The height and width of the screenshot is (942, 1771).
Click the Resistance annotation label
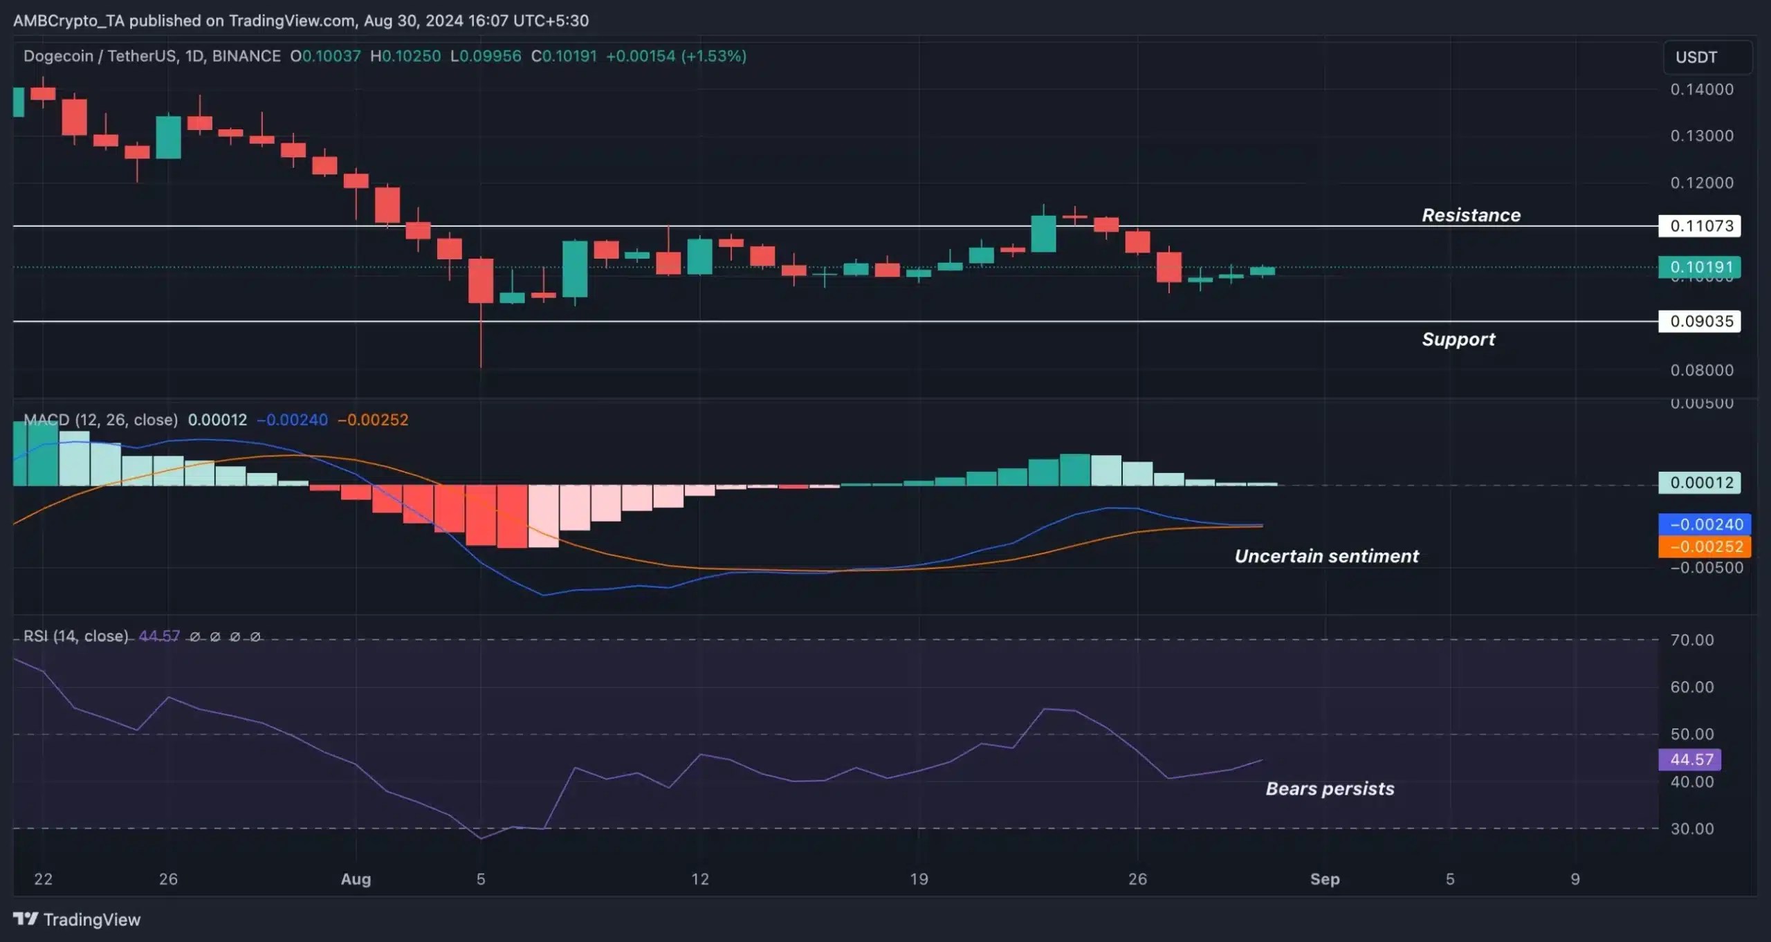pyautogui.click(x=1471, y=215)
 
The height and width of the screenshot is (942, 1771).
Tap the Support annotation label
pyautogui.click(x=1458, y=339)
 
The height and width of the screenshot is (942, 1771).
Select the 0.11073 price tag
pyautogui.click(x=1700, y=225)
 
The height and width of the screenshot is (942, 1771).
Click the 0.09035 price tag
pyautogui.click(x=1700, y=321)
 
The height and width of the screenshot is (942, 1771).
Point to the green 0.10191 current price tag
pyautogui.click(x=1700, y=267)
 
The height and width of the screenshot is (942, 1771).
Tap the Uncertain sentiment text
pyautogui.click(x=1326, y=556)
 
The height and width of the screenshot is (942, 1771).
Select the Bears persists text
pyautogui.click(x=1330, y=788)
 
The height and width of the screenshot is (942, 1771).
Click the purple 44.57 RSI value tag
pyautogui.click(x=1691, y=759)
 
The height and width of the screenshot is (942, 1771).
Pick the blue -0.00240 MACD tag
pyautogui.click(x=1705, y=524)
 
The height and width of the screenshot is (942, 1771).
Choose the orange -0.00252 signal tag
pyautogui.click(x=1705, y=546)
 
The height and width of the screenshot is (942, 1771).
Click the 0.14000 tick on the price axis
pyautogui.click(x=1701, y=89)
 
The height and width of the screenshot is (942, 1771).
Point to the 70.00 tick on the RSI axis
pyautogui.click(x=1691, y=640)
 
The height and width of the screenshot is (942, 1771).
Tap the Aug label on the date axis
pyautogui.click(x=356, y=879)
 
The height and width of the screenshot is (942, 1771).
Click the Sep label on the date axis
pyautogui.click(x=1325, y=879)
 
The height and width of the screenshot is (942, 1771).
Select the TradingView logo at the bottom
pyautogui.click(x=77, y=919)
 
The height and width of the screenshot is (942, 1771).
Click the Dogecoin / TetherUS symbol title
pyautogui.click(x=152, y=56)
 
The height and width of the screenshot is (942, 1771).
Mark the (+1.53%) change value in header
pyautogui.click(x=714, y=56)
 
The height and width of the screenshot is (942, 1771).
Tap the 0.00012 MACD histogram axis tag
pyautogui.click(x=1700, y=483)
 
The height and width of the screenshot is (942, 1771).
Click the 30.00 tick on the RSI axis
pyautogui.click(x=1691, y=829)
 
